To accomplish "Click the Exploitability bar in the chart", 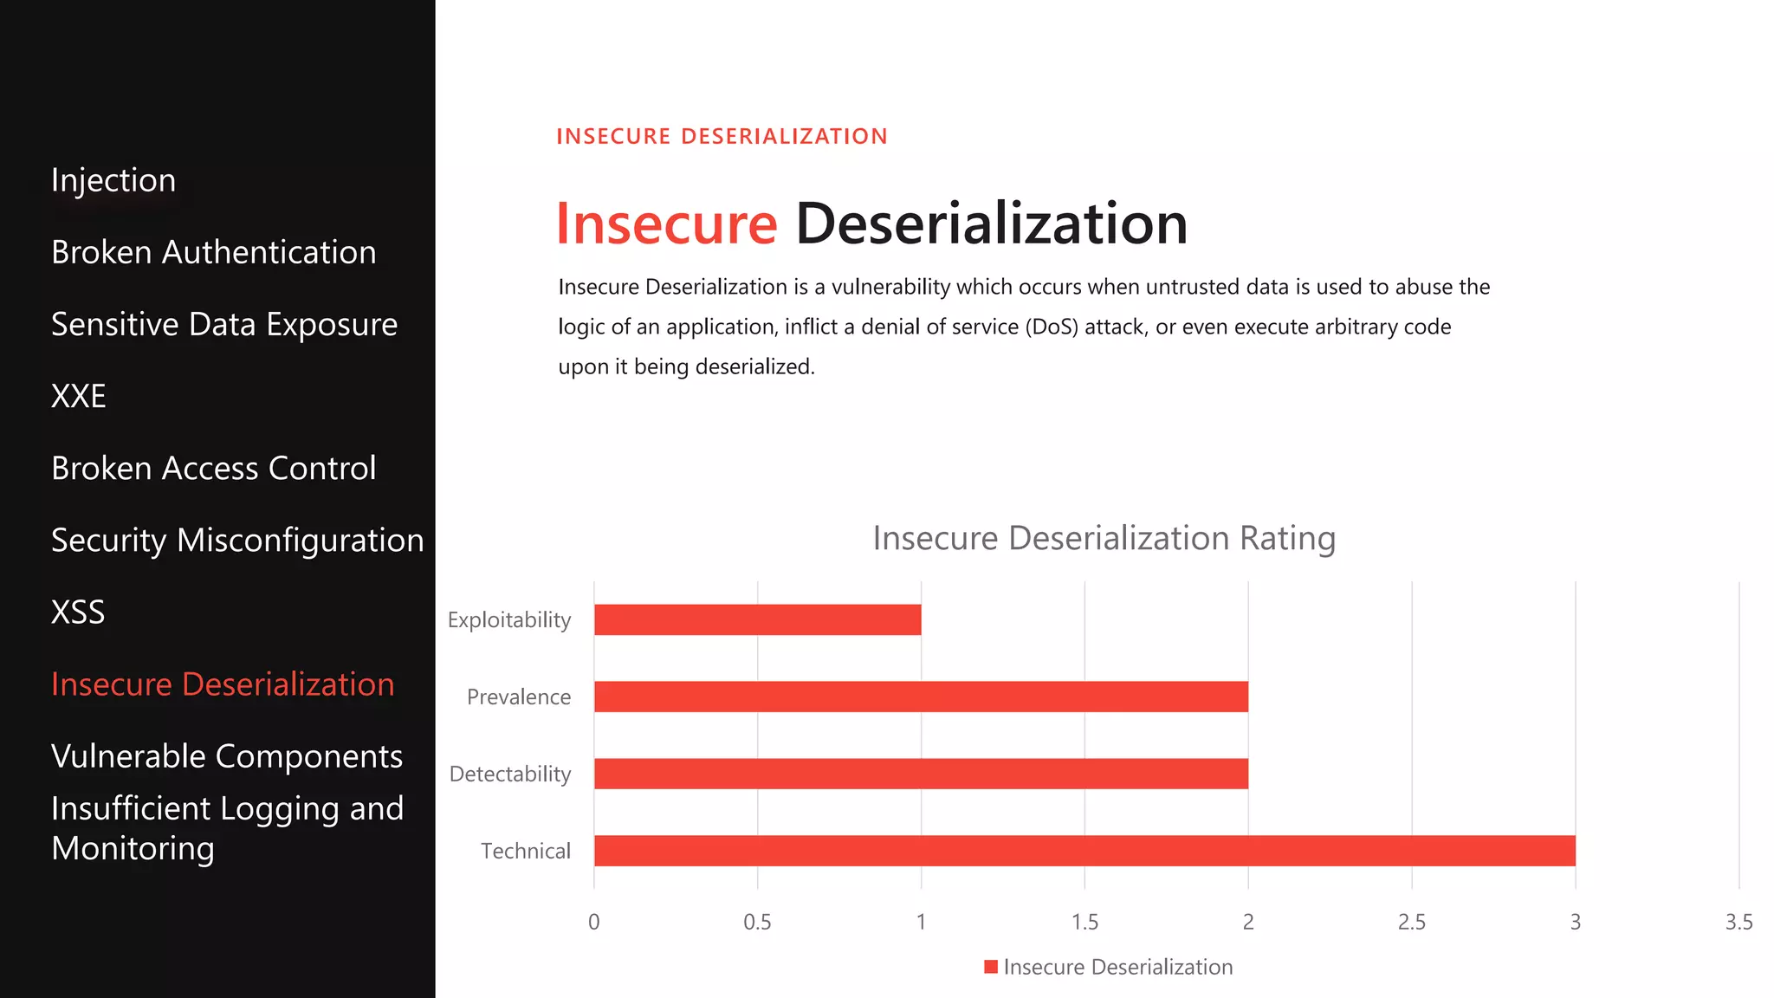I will coord(757,619).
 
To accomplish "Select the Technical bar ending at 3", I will coord(1084,851).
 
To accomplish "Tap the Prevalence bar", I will coord(921,697).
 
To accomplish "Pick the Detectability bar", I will coord(921,774).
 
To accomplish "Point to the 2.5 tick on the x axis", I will coord(1411,922).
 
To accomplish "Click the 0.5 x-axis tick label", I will coord(757,922).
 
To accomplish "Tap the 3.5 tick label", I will coord(1738,922).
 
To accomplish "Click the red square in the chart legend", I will coord(991,967).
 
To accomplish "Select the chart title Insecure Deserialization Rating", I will coord(1104,538).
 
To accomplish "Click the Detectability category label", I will coord(510,774).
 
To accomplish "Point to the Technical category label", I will coord(526,851).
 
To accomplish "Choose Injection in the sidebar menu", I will coord(113,180).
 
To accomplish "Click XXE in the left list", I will coord(79,396).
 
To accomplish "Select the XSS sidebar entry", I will coord(78,612).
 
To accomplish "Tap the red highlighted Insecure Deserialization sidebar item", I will coord(223,684).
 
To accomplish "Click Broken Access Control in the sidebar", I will coord(213,468).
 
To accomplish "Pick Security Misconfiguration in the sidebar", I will coord(237,540).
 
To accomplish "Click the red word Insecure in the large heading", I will coord(666,224).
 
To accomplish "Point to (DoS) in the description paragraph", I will coord(1052,327).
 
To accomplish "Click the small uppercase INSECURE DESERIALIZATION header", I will coord(722,136).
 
